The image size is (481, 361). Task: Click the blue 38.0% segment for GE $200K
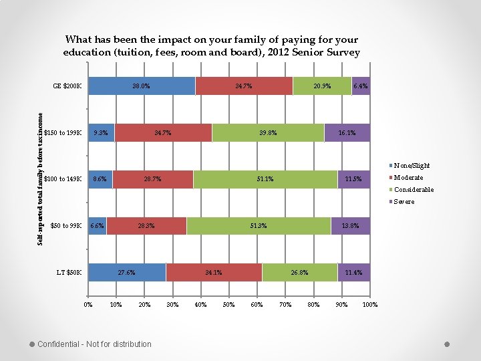pyautogui.click(x=142, y=86)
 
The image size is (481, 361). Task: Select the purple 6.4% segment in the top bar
pyautogui.click(x=361, y=86)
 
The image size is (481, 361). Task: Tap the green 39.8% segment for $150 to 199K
pyautogui.click(x=268, y=133)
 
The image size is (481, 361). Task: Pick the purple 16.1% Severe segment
pyautogui.click(x=347, y=133)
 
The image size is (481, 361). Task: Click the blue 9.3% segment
pyautogui.click(x=102, y=133)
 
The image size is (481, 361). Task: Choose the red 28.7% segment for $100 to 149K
pyautogui.click(x=152, y=179)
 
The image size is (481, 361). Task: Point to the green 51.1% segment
pyautogui.click(x=265, y=179)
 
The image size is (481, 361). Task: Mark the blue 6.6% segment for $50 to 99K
pyautogui.click(x=98, y=226)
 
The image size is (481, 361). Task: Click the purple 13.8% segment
pyautogui.click(x=350, y=226)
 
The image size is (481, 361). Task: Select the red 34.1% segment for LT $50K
pyautogui.click(x=214, y=273)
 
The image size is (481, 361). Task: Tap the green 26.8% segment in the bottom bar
pyautogui.click(x=299, y=273)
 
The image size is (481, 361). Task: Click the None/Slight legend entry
pyautogui.click(x=412, y=166)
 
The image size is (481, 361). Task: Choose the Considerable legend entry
pyautogui.click(x=413, y=190)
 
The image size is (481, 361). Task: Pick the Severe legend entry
pyautogui.click(x=404, y=202)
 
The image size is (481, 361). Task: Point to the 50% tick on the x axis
pyautogui.click(x=228, y=305)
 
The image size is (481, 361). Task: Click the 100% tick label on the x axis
pyautogui.click(x=369, y=305)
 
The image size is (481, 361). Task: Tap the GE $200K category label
pyautogui.click(x=67, y=86)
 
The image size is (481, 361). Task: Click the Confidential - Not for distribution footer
pyautogui.click(x=94, y=344)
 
